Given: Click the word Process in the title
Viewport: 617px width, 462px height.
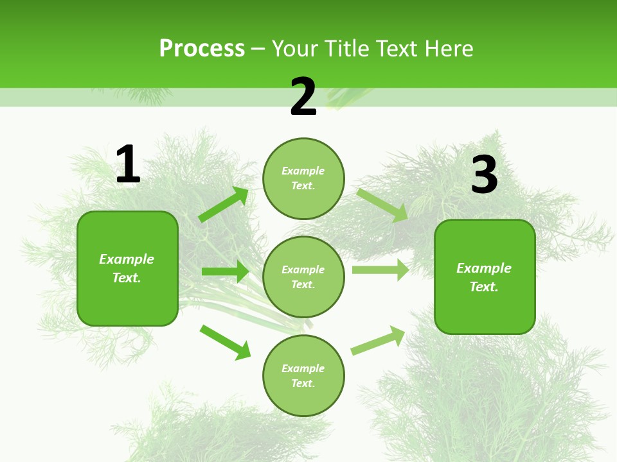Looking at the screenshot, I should [202, 48].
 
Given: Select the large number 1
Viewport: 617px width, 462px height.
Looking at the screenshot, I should [128, 165].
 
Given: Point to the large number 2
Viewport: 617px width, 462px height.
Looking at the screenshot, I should [303, 97].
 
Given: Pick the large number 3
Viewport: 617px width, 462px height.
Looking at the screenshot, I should [484, 175].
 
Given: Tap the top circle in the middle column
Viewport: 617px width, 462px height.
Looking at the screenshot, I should [303, 178].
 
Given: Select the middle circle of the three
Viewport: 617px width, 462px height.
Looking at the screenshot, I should [303, 277].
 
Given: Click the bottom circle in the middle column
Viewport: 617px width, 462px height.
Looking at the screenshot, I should [303, 376].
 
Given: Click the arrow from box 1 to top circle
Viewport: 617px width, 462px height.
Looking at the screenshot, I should [224, 205].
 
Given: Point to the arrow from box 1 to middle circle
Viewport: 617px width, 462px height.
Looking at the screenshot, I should [225, 271].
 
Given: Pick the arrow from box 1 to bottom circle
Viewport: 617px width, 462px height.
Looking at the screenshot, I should [225, 342].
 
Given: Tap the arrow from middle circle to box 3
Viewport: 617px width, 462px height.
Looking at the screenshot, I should [380, 270].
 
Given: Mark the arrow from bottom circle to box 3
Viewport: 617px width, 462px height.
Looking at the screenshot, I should [378, 340].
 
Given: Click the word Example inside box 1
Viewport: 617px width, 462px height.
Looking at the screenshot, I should [127, 259].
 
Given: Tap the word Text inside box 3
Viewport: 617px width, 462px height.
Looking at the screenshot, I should [483, 287].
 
